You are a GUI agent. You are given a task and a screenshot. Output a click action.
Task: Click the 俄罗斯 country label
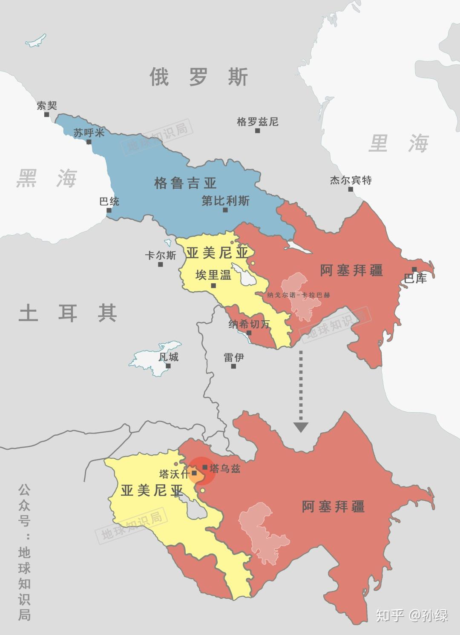[198, 77]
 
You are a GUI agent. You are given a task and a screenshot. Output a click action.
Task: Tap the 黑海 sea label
[46, 178]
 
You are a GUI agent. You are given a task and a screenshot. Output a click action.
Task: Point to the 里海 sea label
[398, 143]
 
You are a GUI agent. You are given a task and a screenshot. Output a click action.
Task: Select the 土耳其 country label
[68, 313]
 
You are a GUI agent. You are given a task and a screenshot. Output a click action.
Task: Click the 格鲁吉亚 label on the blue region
[185, 184]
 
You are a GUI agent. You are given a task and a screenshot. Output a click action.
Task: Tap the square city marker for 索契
[47, 115]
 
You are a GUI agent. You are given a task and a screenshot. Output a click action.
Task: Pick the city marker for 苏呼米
[89, 142]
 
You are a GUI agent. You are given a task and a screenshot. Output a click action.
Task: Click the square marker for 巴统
[109, 210]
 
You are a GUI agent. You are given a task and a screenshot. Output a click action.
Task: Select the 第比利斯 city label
[225, 201]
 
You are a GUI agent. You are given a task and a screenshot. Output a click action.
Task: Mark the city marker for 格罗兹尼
[258, 131]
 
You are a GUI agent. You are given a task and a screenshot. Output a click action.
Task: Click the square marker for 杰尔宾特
[351, 189]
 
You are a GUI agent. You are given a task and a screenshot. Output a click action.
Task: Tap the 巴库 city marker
[414, 269]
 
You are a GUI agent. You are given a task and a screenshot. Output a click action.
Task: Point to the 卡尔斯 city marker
[161, 264]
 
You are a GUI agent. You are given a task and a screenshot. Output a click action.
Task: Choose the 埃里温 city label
[213, 275]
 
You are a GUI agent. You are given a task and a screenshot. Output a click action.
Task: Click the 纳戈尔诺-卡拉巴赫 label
[299, 295]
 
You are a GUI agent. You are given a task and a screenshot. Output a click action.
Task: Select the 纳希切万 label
[249, 324]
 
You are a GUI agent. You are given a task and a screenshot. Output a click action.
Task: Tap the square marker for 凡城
[169, 366]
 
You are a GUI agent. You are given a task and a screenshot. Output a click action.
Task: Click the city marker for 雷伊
[233, 366]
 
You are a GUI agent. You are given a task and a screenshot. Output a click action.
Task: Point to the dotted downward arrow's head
[301, 427]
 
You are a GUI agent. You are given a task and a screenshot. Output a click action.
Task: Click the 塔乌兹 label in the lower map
[225, 468]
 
